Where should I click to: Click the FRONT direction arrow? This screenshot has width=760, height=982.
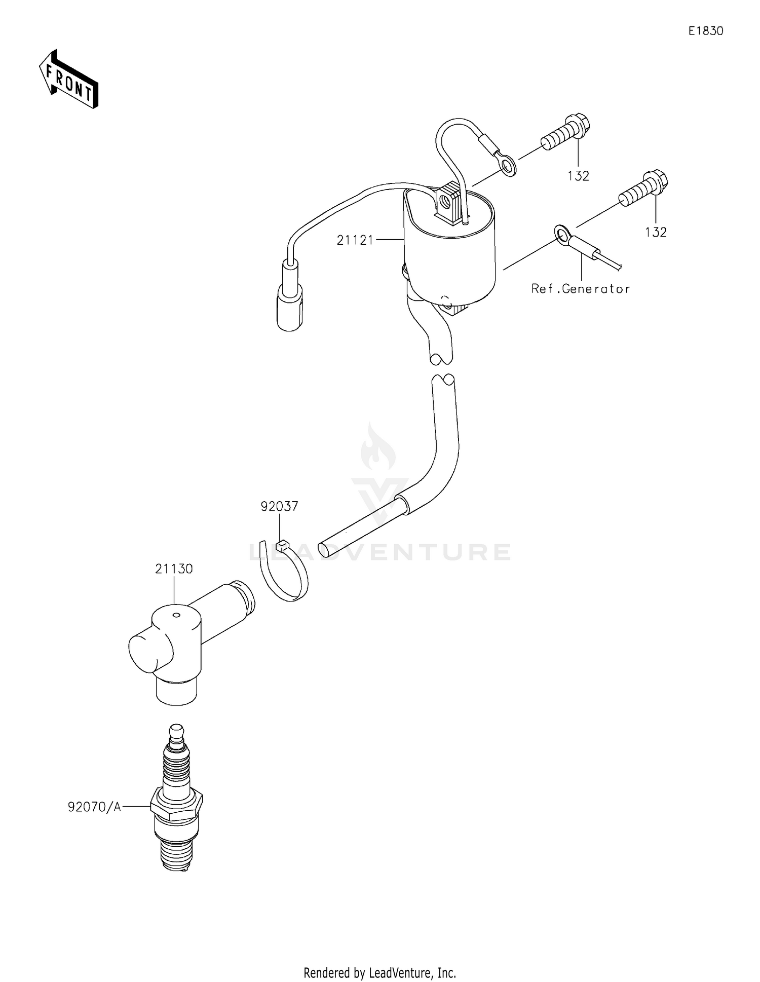[68, 80]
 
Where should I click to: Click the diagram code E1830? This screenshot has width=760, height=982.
[705, 31]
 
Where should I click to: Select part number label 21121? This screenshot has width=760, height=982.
[355, 240]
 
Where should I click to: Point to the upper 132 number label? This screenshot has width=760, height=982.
[578, 176]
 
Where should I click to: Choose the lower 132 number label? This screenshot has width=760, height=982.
[656, 232]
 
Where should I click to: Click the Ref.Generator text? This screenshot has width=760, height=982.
[581, 289]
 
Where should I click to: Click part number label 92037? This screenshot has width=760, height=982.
[280, 506]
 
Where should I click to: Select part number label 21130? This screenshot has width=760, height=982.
[174, 569]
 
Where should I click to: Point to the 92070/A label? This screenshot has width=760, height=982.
[95, 807]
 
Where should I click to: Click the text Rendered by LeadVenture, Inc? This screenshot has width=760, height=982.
[379, 972]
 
